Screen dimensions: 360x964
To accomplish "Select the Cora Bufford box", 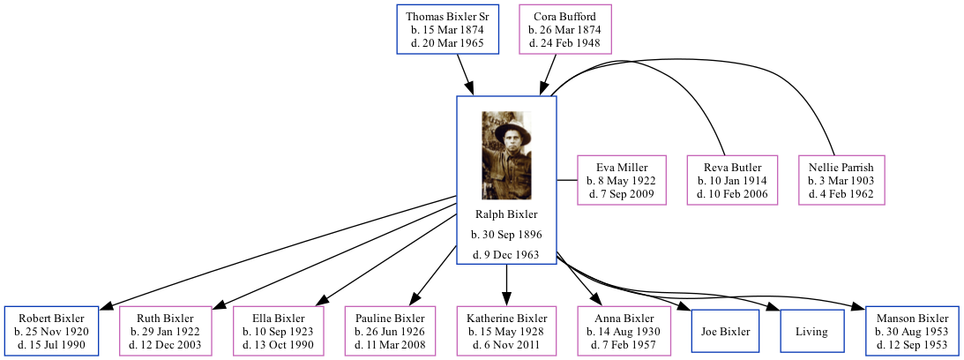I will tap(564, 30).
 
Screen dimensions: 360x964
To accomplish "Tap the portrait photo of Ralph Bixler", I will tap(506, 155).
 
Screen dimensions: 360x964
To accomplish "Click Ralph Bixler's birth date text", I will tap(506, 235).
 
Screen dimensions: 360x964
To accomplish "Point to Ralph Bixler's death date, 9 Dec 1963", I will tap(506, 255).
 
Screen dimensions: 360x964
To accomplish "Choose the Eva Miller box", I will tap(622, 180).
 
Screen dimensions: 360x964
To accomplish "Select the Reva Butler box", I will tap(732, 180).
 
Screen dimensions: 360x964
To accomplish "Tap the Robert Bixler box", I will tap(51, 331).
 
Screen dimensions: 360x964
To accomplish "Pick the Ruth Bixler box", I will tap(165, 331).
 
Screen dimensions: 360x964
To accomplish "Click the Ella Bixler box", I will tap(279, 331).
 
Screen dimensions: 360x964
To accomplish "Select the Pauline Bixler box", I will tap(391, 331).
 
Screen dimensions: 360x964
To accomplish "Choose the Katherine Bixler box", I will tap(506, 331).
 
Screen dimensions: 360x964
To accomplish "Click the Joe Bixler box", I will tap(725, 332).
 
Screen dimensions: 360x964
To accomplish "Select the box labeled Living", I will tap(811, 332).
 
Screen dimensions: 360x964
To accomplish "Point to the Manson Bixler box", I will tap(912, 331).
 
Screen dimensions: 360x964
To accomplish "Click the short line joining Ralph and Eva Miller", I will tap(567, 180).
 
